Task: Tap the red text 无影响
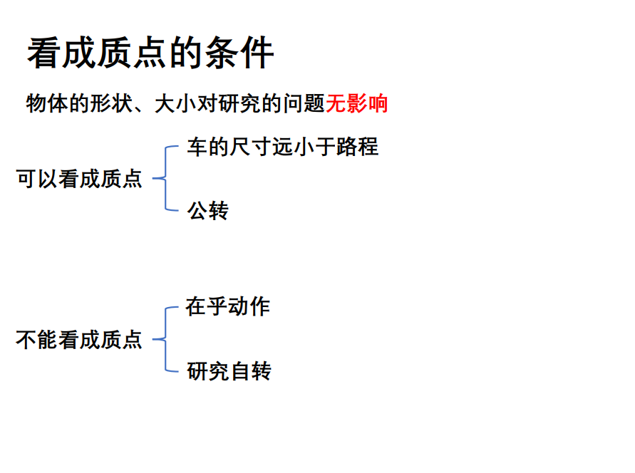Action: tap(357, 103)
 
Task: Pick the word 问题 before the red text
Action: tap(305, 103)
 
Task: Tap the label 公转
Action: tap(207, 210)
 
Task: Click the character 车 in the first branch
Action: tap(197, 147)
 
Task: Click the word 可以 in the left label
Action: tap(37, 178)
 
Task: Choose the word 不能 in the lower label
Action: tap(37, 340)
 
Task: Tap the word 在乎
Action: tap(207, 306)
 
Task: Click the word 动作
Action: tap(249, 306)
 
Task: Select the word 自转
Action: tap(250, 371)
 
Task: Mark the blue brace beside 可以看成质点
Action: tap(165, 178)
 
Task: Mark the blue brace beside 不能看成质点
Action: tap(165, 339)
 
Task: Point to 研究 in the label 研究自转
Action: tap(207, 371)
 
